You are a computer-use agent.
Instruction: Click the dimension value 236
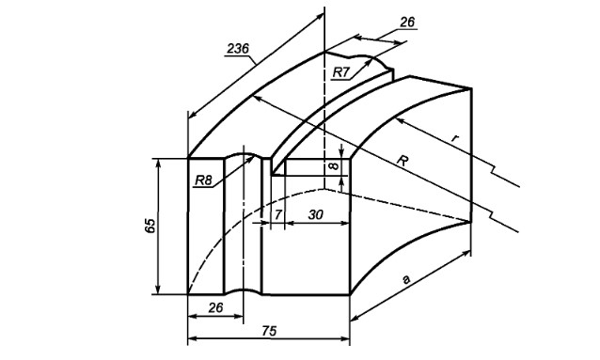pyautogui.click(x=238, y=49)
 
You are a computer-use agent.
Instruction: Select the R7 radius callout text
pyautogui.click(x=341, y=72)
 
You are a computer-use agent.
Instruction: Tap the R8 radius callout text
pyautogui.click(x=203, y=180)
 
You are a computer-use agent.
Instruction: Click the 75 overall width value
pyautogui.click(x=269, y=331)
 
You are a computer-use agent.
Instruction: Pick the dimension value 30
pyautogui.click(x=316, y=215)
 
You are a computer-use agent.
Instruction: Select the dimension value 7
pyautogui.click(x=278, y=215)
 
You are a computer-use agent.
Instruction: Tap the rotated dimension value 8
pyautogui.click(x=334, y=166)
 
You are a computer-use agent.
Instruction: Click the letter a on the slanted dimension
pyautogui.click(x=406, y=280)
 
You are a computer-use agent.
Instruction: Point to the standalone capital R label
pyautogui.click(x=402, y=161)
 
